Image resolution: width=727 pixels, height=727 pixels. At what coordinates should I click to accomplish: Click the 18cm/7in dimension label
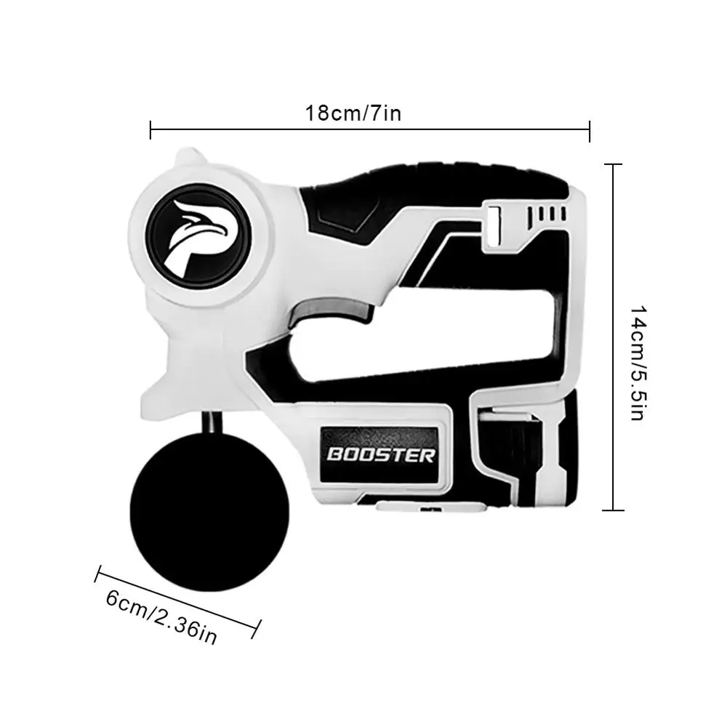point(353,113)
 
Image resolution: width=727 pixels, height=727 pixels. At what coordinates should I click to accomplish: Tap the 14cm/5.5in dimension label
point(638,363)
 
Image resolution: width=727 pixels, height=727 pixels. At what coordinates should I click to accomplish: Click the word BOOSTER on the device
point(380,455)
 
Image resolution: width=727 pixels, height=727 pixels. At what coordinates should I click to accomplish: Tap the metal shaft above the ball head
point(212,422)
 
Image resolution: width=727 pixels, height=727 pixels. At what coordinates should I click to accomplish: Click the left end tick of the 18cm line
point(150,130)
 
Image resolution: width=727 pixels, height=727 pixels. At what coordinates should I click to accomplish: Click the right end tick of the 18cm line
point(590,131)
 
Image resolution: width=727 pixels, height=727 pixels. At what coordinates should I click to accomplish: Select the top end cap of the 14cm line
point(613,164)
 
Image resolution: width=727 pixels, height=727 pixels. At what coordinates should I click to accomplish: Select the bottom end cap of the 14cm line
point(613,510)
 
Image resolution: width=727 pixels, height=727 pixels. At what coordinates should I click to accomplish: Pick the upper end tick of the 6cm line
point(98,574)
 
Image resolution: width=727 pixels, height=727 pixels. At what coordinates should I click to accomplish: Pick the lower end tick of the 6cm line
point(257,629)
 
